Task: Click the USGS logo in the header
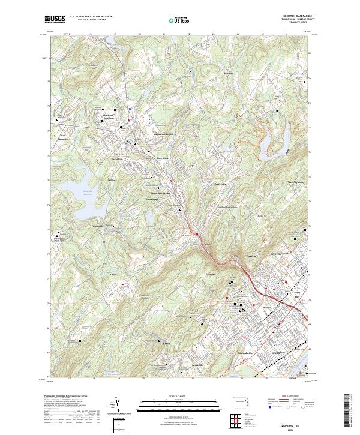point(55,19)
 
